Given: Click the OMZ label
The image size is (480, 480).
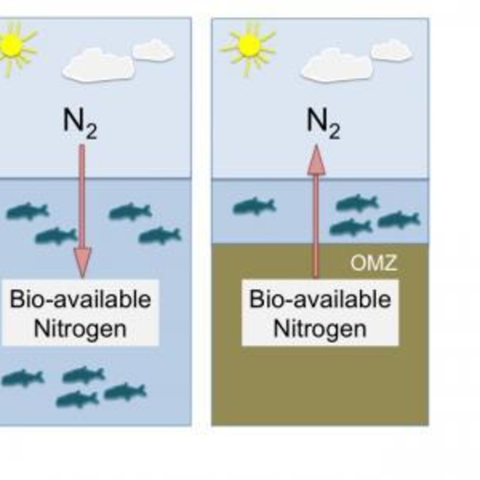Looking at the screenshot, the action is [x=373, y=263].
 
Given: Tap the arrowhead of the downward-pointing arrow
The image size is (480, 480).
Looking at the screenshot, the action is [x=82, y=262].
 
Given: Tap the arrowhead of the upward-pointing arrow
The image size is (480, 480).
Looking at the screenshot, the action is [x=316, y=160].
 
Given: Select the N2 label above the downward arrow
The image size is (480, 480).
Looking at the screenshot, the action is [x=80, y=123].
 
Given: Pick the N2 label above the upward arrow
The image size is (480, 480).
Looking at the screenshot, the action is [x=323, y=123].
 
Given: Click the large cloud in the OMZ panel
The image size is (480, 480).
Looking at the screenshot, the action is [x=336, y=65].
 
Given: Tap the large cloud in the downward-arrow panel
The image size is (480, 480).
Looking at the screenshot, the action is [x=98, y=65].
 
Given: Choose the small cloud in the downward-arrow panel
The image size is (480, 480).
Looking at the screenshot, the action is [x=153, y=50].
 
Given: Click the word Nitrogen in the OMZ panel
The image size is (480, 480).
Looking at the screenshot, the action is [x=320, y=329].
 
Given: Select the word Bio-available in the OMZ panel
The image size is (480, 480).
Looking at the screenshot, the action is [x=320, y=300].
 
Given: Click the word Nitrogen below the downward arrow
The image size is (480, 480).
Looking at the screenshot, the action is [x=80, y=329].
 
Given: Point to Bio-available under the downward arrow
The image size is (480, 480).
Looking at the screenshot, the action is [x=80, y=300].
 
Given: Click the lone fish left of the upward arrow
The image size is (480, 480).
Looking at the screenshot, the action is [x=254, y=206].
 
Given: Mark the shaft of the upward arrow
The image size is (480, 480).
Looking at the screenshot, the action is [x=316, y=226].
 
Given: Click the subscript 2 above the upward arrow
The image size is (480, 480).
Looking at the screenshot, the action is [x=334, y=132].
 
